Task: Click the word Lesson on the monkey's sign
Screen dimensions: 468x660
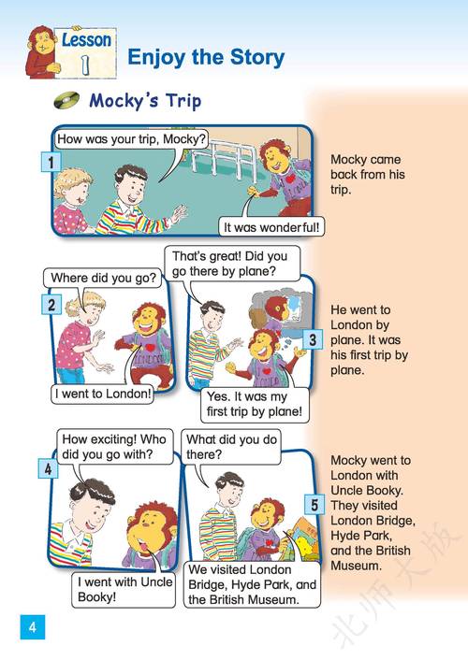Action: click(x=87, y=40)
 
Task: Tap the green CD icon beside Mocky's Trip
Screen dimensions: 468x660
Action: click(x=66, y=100)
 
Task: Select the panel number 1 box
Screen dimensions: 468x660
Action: click(x=51, y=163)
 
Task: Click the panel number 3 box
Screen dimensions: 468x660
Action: click(x=313, y=339)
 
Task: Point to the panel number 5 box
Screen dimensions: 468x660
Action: click(x=314, y=505)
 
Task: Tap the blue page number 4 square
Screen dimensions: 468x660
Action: click(x=33, y=627)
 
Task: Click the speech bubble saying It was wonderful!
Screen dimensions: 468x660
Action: click(x=271, y=227)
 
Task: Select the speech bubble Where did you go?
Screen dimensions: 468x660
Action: click(x=103, y=279)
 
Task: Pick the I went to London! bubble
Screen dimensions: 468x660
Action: click(x=102, y=394)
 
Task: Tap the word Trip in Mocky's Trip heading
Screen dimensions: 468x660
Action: click(x=183, y=102)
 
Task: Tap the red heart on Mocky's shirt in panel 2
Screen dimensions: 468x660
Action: click(x=150, y=348)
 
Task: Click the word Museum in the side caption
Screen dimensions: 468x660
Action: click(x=355, y=566)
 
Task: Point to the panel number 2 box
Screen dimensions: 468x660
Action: click(x=51, y=304)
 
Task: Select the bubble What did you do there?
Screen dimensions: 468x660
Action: click(x=231, y=447)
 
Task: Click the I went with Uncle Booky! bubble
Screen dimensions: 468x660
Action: click(x=124, y=589)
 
